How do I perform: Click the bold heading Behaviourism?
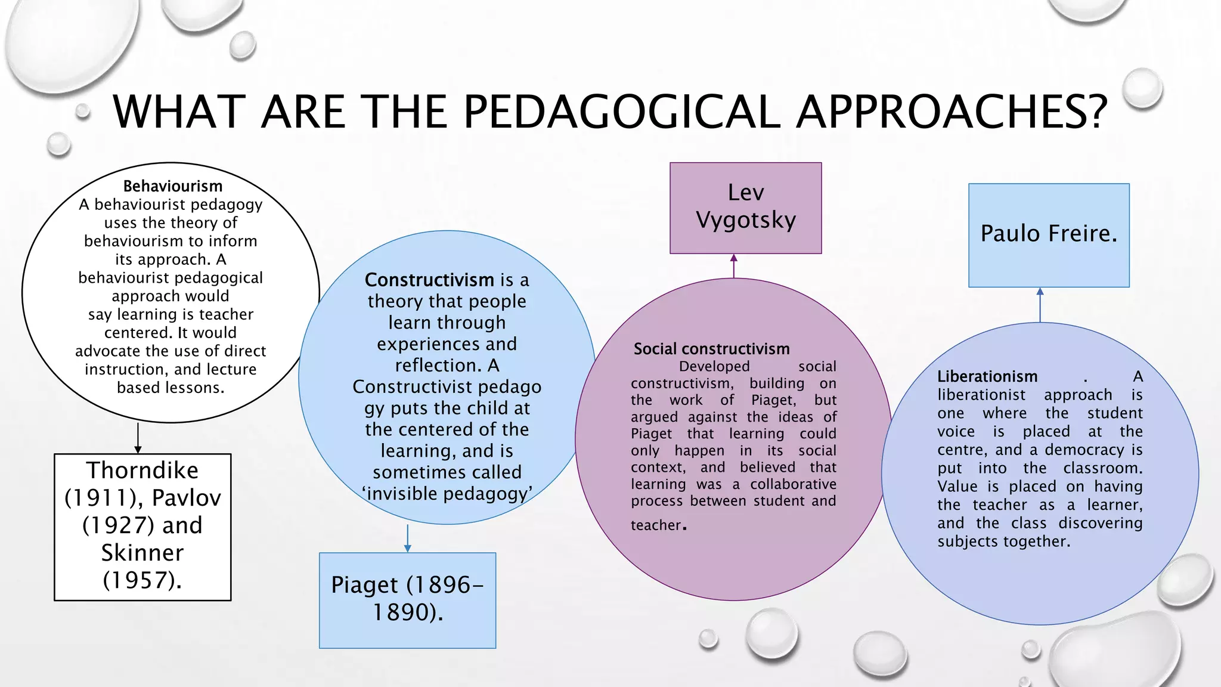172,187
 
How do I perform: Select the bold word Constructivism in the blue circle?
429,280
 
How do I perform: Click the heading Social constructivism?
711,349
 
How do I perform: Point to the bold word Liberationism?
987,376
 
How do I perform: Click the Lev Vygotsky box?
745,208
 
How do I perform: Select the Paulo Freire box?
1049,234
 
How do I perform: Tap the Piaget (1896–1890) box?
407,599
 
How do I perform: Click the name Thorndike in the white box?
142,471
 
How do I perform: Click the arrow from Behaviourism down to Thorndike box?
138,439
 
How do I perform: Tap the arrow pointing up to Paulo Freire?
1040,305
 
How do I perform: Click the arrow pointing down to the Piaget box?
408,539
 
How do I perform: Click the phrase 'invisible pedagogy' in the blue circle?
447,494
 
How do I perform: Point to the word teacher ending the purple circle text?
656,525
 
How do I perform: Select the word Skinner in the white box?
142,553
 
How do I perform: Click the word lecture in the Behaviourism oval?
233,369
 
